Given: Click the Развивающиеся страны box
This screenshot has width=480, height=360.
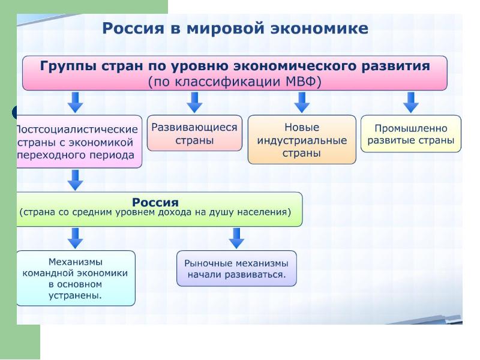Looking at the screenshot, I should click(x=194, y=133).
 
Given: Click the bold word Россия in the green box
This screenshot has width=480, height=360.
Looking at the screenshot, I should click(x=155, y=202).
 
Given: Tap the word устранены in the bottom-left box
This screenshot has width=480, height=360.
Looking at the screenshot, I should click(x=76, y=295).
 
